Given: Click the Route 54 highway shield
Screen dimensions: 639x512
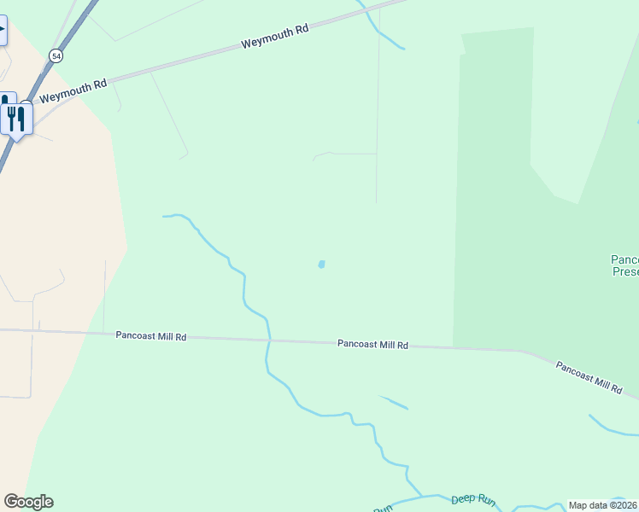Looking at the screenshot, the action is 56,55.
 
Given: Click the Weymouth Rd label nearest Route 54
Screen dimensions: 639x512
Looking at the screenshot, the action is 73,90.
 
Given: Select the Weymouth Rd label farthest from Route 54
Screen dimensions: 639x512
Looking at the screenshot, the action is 274,37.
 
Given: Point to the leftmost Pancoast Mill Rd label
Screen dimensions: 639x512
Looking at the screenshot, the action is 151,336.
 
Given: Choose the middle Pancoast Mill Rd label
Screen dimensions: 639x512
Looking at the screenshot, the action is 372,345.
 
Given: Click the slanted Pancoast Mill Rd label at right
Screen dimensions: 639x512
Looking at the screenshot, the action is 589,377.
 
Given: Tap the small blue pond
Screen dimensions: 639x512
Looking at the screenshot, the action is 321,265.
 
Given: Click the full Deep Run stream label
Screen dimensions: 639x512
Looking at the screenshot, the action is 472,499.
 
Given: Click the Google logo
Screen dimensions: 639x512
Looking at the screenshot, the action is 28,502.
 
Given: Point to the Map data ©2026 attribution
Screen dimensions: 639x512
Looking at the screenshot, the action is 603,505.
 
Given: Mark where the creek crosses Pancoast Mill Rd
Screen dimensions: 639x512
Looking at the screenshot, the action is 269,340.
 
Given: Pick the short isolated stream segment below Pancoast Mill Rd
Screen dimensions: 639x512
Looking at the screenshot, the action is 394,402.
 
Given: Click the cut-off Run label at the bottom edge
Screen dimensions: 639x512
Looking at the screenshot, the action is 383,509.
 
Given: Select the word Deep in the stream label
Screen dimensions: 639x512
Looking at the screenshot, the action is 462,498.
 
